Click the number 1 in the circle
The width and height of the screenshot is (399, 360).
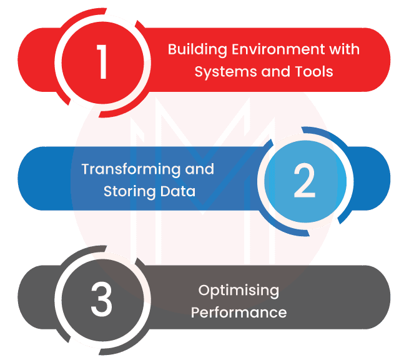tap(102, 62)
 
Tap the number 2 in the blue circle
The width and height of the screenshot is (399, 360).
tap(304, 181)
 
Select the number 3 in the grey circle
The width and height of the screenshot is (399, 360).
tap(101, 300)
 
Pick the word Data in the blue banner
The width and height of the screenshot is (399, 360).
tap(177, 191)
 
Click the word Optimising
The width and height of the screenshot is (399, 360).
tap(239, 291)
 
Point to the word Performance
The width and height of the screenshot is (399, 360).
tap(239, 312)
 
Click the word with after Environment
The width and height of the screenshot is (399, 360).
tap(343, 49)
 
